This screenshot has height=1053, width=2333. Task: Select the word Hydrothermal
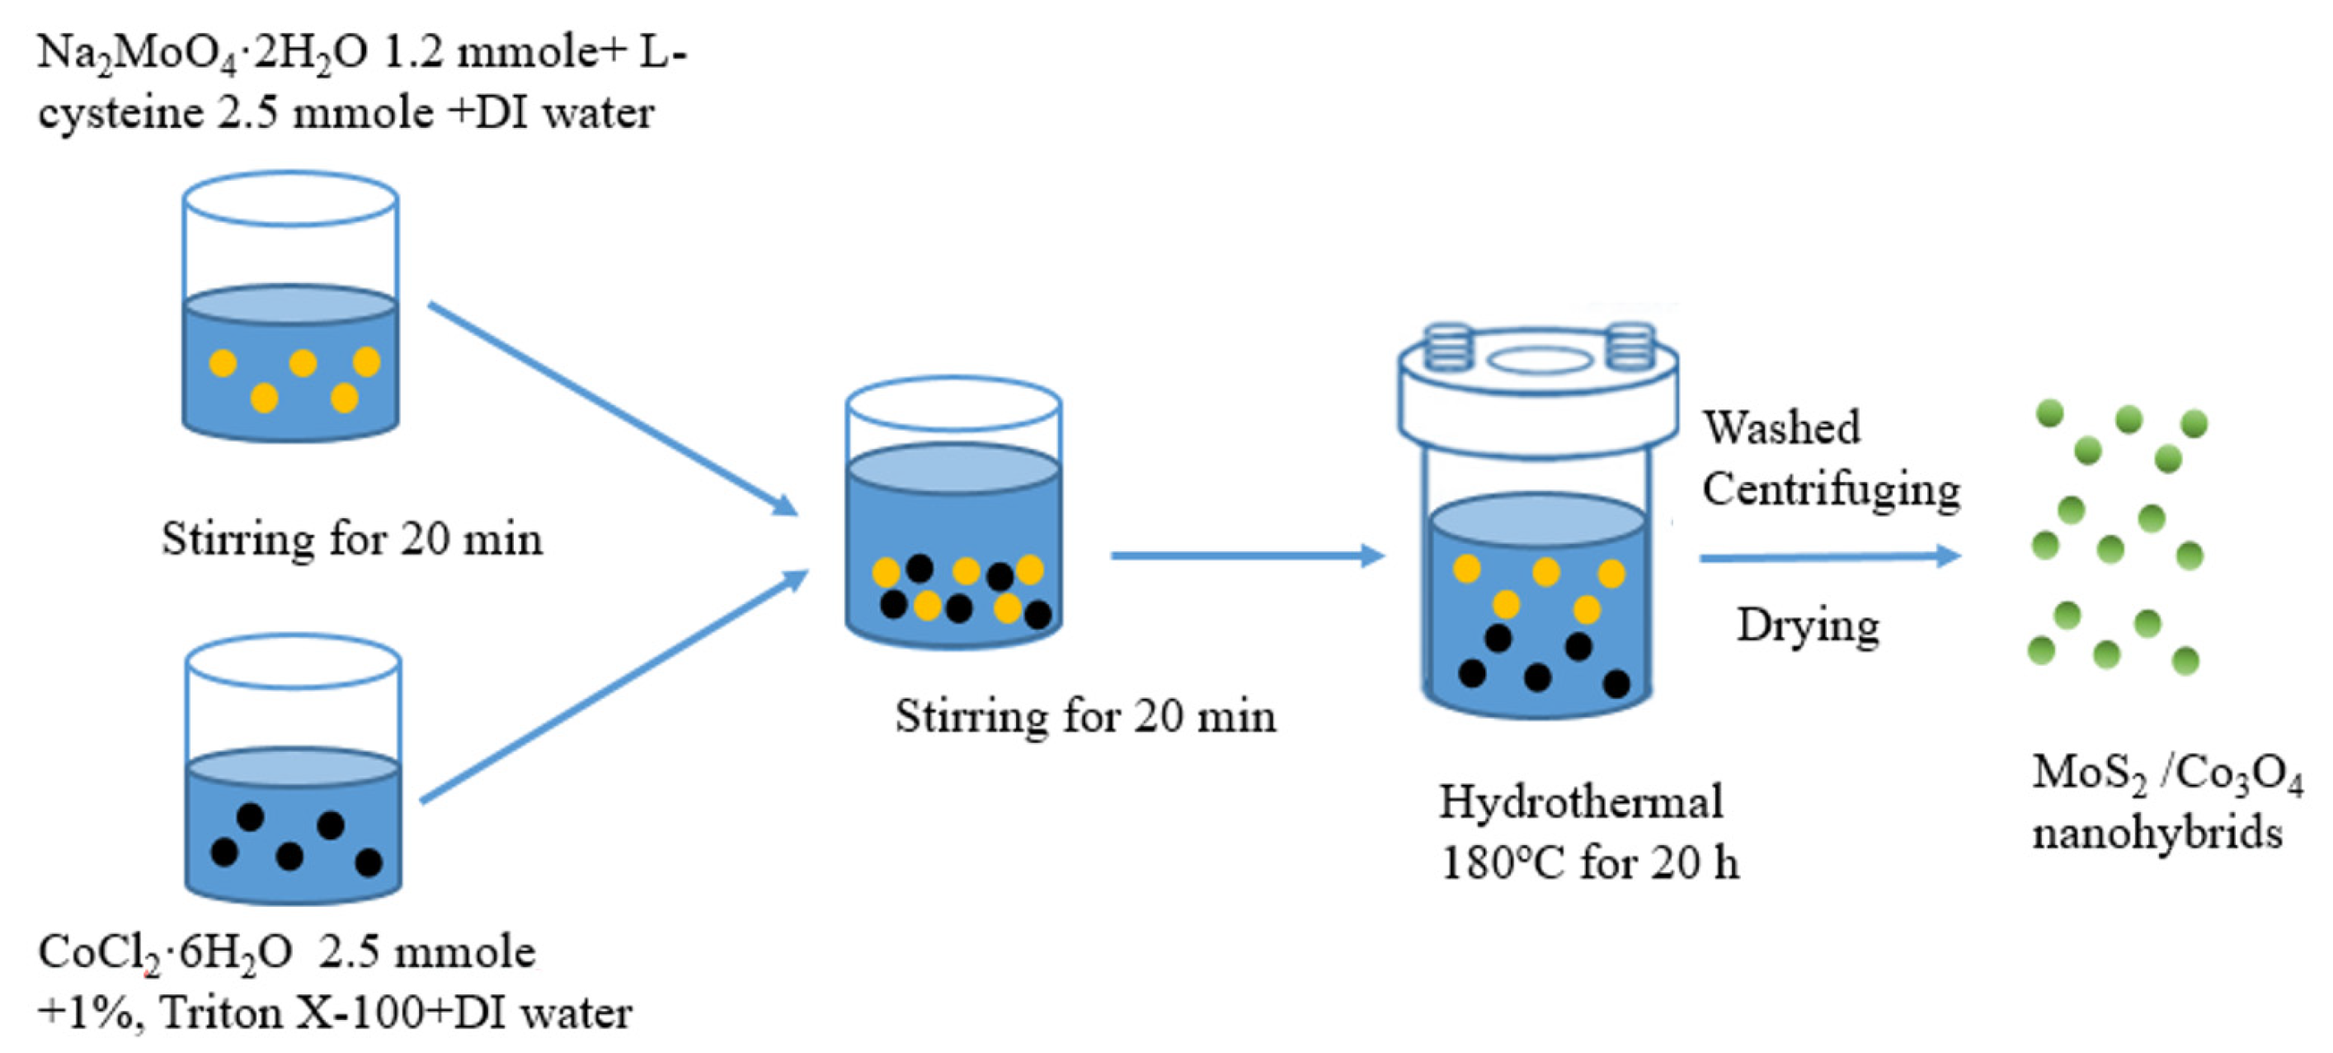tap(1580, 803)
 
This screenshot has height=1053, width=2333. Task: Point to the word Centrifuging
tap(1830, 490)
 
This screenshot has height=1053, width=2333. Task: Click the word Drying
tap(1807, 626)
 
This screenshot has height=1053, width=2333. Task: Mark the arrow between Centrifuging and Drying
tap(1829, 557)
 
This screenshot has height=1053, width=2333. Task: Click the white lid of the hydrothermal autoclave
tap(1537, 408)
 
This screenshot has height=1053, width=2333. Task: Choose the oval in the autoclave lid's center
tap(1539, 361)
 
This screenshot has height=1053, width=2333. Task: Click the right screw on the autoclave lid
tap(1631, 347)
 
